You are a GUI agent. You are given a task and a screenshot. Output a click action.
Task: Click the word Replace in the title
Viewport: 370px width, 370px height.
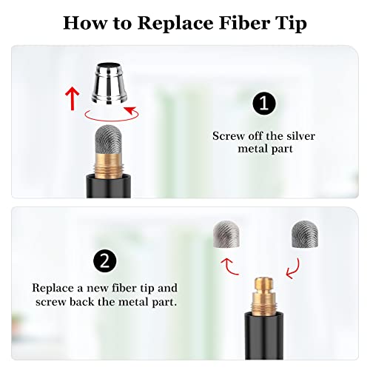click(x=175, y=24)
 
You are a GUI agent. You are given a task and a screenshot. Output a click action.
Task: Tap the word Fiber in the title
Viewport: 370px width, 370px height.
click(x=244, y=23)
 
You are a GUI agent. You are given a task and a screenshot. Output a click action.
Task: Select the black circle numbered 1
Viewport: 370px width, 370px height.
click(x=264, y=104)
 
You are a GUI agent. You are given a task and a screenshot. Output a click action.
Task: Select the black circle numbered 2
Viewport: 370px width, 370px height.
click(x=105, y=261)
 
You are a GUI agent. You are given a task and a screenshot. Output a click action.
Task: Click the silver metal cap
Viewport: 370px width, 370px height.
click(x=110, y=83)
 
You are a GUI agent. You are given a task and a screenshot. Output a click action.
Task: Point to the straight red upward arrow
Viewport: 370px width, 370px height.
click(x=73, y=98)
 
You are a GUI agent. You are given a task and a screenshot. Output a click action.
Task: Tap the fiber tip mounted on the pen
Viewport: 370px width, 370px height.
click(x=109, y=139)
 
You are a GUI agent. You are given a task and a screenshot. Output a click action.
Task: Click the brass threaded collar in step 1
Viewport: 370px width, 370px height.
click(x=109, y=165)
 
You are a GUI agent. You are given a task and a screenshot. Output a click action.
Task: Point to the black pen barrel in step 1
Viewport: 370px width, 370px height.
click(x=109, y=186)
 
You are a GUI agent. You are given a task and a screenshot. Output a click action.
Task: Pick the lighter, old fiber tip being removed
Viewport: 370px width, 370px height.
click(x=226, y=234)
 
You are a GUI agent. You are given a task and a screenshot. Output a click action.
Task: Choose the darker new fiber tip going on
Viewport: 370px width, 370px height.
click(x=305, y=234)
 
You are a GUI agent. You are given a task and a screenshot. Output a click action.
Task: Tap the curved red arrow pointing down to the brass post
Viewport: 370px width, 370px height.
click(x=295, y=269)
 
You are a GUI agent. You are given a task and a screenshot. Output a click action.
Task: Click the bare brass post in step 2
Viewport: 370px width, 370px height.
click(x=264, y=296)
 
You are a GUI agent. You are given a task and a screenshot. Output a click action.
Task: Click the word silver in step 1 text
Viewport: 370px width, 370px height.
click(x=301, y=136)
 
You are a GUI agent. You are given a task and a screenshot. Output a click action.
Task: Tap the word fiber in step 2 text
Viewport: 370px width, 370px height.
click(x=124, y=288)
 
